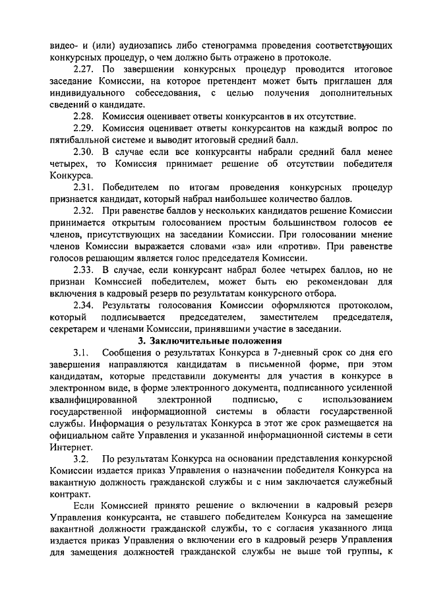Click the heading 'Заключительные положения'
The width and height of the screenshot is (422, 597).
[x=217, y=341]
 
